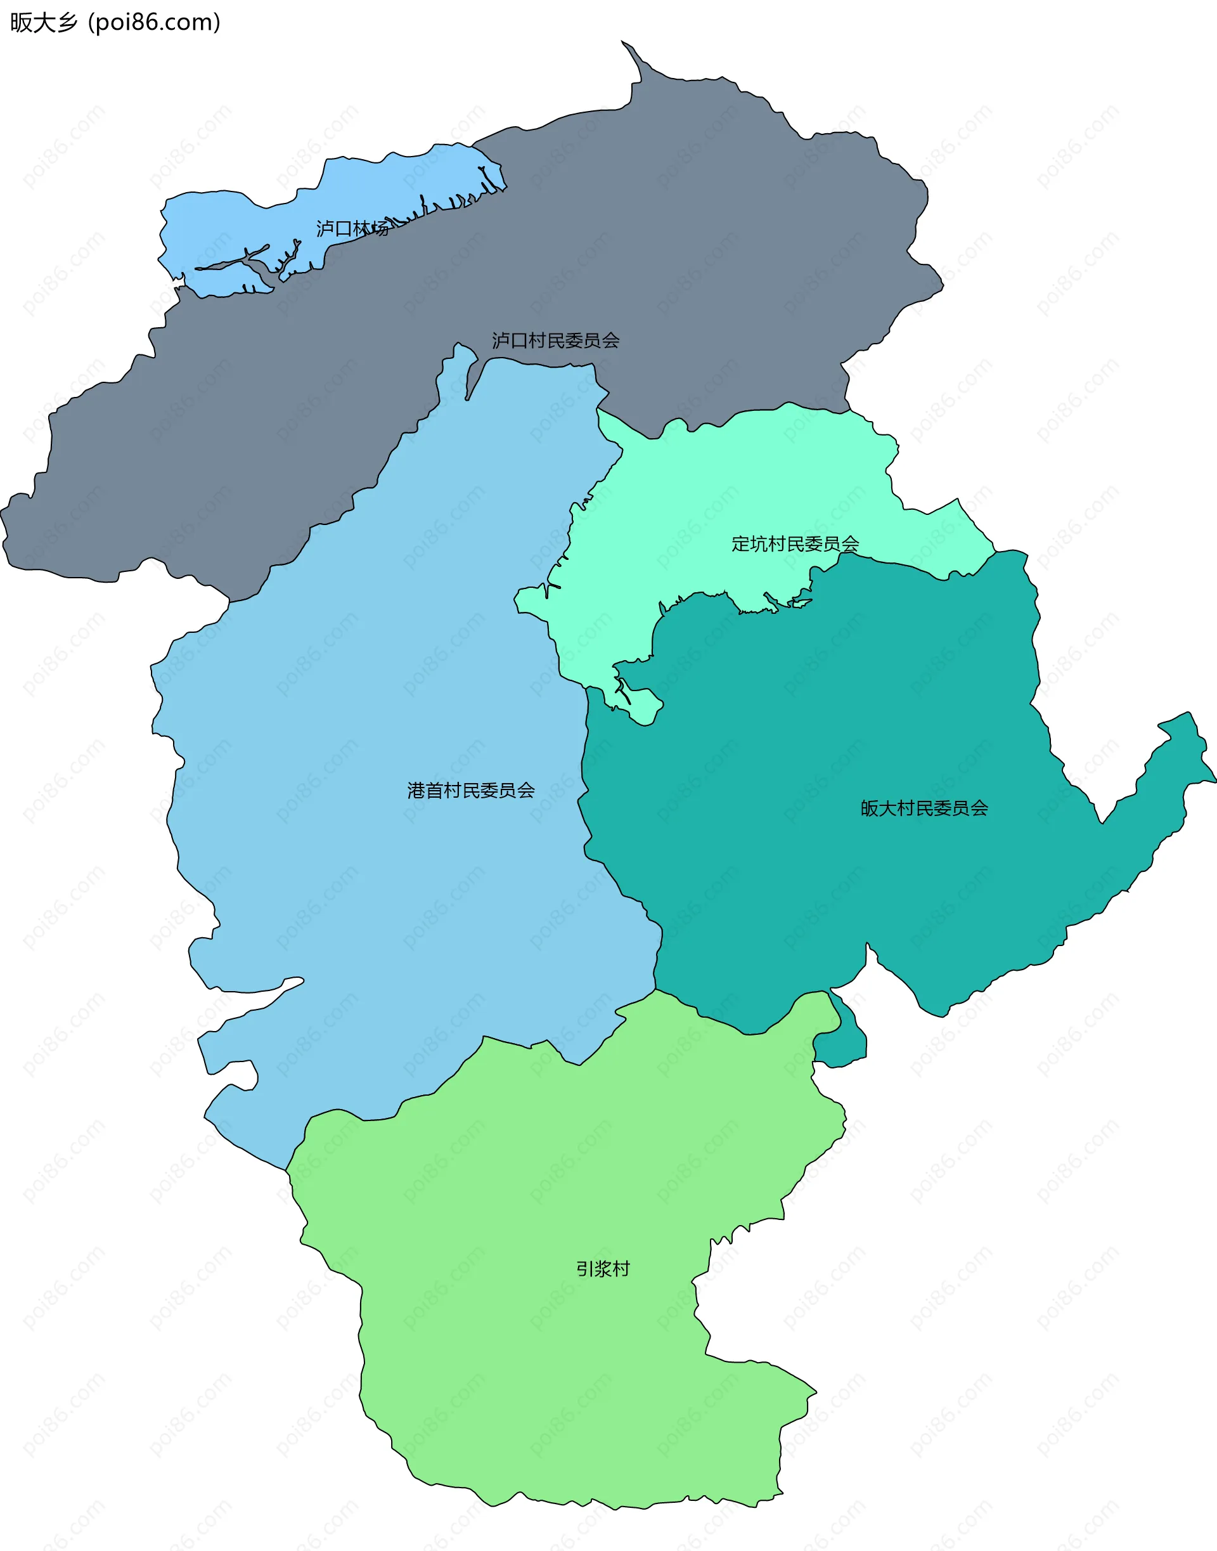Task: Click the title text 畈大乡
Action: [x=42, y=23]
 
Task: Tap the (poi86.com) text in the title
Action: [x=154, y=23]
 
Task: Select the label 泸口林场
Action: [x=352, y=229]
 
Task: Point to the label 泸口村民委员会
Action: [x=555, y=341]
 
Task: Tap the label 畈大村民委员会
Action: [x=924, y=808]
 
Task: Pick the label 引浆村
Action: [x=603, y=1269]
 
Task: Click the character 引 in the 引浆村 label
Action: [x=585, y=1269]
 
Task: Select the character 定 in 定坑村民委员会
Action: [x=740, y=544]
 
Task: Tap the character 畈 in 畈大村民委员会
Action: [x=869, y=808]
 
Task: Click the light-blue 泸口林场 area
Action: [x=235, y=221]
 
